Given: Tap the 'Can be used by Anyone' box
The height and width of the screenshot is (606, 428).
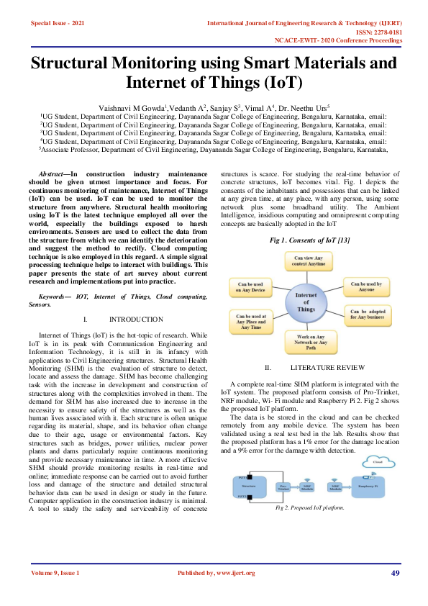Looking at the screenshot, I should [x=365, y=287].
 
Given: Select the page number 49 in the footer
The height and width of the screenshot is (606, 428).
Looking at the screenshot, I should [x=395, y=573].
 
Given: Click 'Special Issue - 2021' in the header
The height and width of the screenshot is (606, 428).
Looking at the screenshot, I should [x=58, y=24].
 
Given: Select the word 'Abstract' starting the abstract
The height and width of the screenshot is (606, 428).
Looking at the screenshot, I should [x=51, y=175].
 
